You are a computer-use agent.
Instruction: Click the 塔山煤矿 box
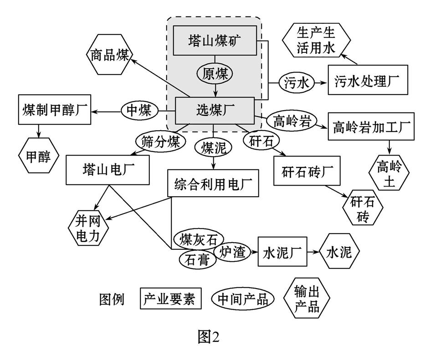tap(215, 41)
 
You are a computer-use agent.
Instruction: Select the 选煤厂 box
tap(215, 110)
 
